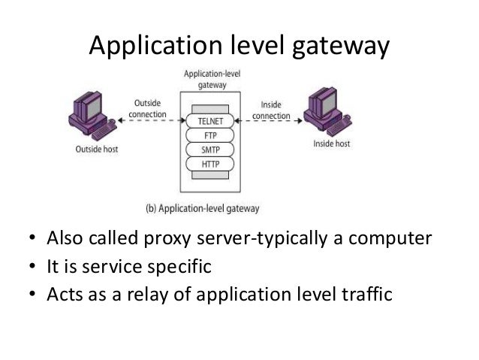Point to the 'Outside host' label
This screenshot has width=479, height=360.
[x=95, y=150]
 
